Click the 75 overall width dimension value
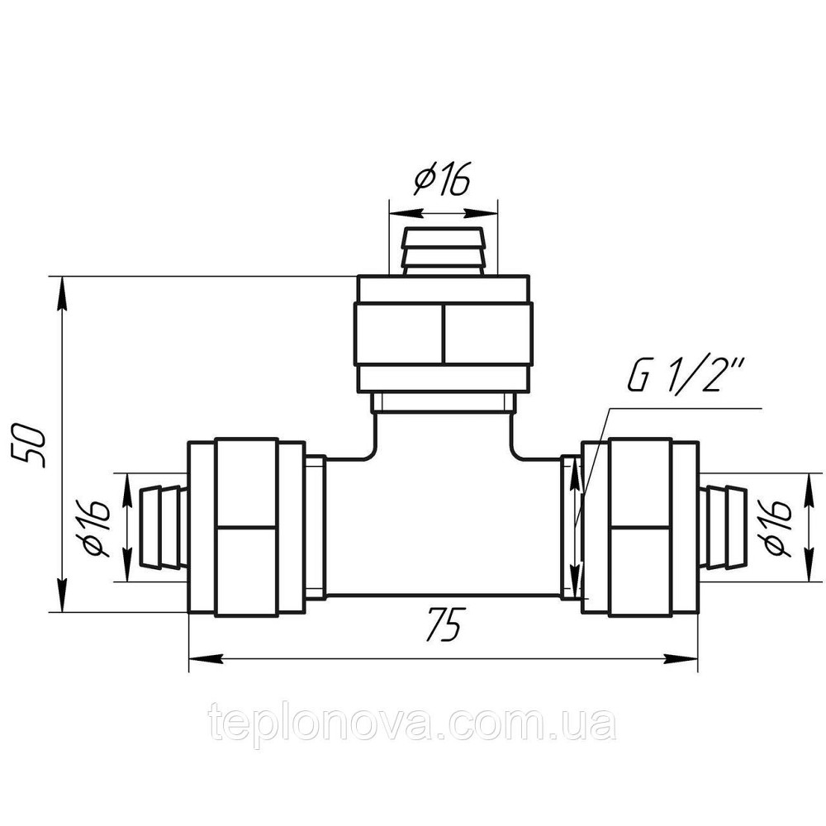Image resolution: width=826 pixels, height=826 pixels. tap(444, 624)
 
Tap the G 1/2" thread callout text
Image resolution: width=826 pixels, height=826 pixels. tap(685, 376)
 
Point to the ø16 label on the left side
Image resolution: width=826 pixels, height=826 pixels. tap(95, 528)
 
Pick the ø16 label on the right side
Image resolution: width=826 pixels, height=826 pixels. tap(778, 527)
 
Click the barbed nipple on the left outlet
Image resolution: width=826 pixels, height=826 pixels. tap(163, 528)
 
